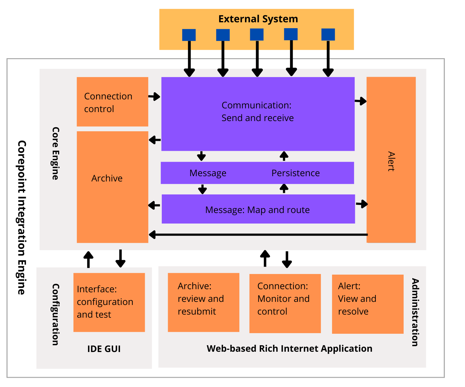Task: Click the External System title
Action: pos(258,19)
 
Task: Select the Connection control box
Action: pos(112,102)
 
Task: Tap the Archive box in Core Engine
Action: pos(112,187)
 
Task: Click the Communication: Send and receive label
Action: pos(257,111)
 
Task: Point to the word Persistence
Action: pos(295,173)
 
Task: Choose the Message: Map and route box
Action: pos(258,209)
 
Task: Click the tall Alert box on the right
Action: pos(391,160)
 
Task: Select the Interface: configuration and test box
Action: pos(109,302)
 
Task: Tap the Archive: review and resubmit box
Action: pos(203,302)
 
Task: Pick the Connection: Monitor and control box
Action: pos(285,303)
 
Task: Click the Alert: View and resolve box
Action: pos(368,304)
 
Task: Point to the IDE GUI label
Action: pos(104,349)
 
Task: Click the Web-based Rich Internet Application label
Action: pos(289,349)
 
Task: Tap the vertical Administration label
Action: pos(415,312)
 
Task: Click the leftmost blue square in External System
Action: pos(189,35)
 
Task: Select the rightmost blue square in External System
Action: pos(328,35)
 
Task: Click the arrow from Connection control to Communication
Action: pos(154,97)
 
